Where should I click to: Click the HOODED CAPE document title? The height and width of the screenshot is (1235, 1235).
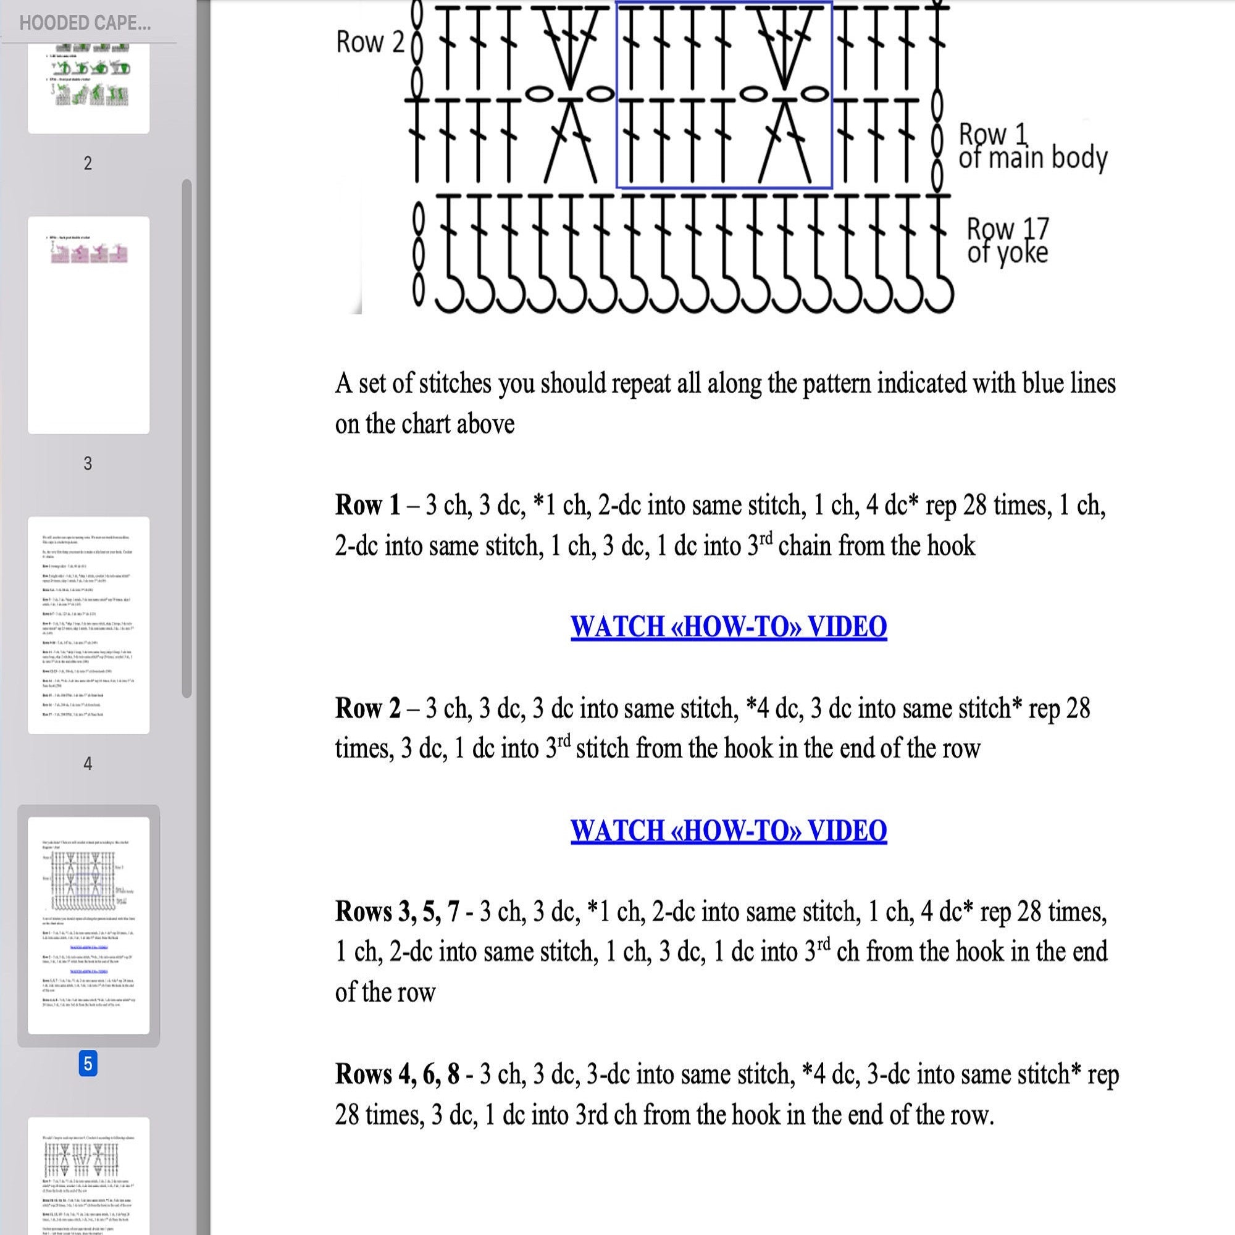[x=85, y=23]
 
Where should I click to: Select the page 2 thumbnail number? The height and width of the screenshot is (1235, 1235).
[x=88, y=163]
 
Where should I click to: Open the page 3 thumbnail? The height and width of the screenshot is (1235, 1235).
[x=88, y=325]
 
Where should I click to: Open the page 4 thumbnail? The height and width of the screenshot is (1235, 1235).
[x=88, y=625]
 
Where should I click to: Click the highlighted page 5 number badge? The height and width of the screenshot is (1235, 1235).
[x=88, y=1064]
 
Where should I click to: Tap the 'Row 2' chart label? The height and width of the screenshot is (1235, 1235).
[x=370, y=42]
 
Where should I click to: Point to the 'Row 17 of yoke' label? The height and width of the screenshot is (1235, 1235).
[x=1007, y=240]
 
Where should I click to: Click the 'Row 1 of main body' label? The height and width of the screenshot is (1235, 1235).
[x=1032, y=146]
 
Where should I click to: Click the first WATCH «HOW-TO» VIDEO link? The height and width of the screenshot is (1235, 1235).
[x=728, y=626]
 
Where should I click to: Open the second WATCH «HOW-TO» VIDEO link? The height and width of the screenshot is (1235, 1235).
[x=728, y=831]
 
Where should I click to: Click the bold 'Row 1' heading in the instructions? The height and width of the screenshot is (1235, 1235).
[x=367, y=506]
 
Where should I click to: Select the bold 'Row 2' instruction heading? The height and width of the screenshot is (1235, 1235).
[x=367, y=708]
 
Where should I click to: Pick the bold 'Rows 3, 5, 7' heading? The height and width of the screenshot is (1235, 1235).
[x=397, y=911]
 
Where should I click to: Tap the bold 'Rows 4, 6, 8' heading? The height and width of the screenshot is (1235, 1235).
[x=397, y=1074]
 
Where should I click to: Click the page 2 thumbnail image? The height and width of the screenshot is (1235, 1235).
[x=88, y=86]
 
